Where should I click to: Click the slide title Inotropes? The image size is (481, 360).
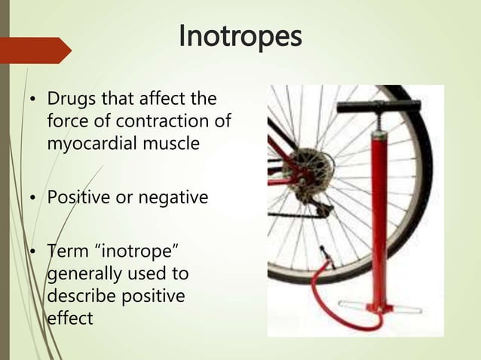click(240, 35)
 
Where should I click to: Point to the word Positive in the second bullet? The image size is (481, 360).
click(75, 198)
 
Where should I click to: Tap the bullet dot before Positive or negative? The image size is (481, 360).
click(32, 198)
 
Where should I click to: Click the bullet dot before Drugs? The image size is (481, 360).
click(32, 99)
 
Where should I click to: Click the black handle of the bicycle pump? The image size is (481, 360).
click(377, 107)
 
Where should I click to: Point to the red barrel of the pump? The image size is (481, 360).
click(377, 211)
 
